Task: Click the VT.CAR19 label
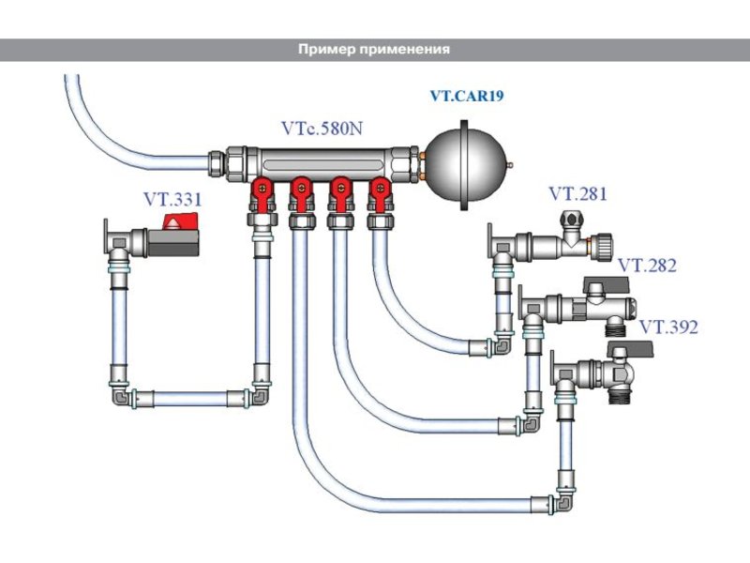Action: tap(467, 96)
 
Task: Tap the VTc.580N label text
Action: tap(322, 129)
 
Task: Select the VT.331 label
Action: tap(172, 200)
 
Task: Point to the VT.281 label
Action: tap(577, 194)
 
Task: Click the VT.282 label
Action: tap(648, 266)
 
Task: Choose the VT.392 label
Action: tap(668, 327)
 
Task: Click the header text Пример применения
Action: tap(374, 50)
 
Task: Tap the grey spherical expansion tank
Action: tap(464, 165)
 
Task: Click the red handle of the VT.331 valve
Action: tap(180, 221)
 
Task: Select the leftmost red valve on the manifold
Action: tap(262, 193)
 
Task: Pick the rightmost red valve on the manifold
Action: tap(379, 193)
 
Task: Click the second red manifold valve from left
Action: tap(301, 193)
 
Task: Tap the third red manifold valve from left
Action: tap(340, 193)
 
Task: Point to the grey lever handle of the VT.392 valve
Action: tap(630, 348)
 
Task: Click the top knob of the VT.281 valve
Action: tap(570, 219)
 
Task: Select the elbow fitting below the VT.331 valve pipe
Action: tap(121, 396)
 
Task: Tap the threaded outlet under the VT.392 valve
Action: tap(621, 397)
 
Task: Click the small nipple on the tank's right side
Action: tap(509, 165)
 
